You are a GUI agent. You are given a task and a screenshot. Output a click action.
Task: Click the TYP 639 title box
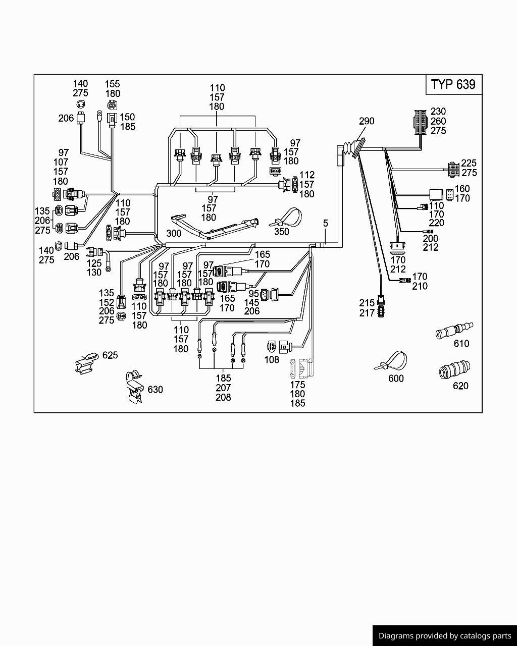453,84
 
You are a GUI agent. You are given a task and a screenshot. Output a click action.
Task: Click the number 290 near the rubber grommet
367,121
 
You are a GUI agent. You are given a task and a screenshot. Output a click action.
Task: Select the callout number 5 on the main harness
326,223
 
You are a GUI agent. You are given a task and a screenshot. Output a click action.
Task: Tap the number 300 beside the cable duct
174,234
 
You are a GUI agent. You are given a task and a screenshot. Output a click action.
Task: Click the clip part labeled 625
86,362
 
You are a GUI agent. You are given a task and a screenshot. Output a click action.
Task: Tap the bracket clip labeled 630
134,388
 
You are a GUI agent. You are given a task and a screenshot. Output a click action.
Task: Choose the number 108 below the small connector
272,360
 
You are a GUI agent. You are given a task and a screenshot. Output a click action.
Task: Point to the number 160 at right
462,189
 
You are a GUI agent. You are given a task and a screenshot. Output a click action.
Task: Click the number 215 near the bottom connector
367,303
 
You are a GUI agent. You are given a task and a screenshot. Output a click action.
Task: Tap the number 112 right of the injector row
307,175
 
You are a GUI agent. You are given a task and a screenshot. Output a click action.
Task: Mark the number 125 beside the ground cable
94,263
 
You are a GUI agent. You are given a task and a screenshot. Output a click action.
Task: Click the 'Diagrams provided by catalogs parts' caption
444,636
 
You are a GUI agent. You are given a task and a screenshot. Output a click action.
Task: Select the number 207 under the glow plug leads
223,388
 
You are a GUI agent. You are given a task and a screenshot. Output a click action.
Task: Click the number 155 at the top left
113,84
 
